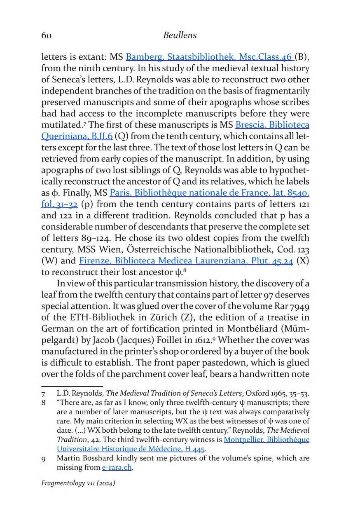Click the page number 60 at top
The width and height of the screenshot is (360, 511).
tap(47, 35)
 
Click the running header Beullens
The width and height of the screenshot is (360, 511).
tap(180, 35)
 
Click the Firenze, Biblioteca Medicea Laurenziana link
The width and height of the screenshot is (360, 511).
tap(185, 260)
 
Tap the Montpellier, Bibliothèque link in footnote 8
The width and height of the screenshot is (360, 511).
tap(266, 440)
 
